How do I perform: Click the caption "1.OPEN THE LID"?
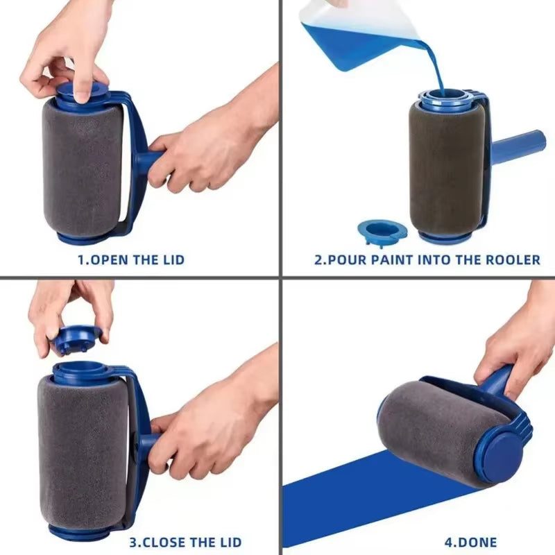(130, 260)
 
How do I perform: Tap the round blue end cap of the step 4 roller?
(503, 454)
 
